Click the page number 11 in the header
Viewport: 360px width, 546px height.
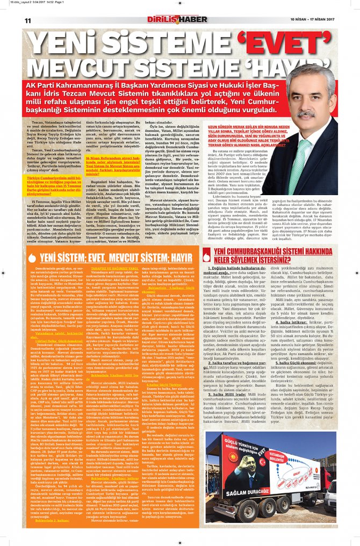pyautogui.click(x=27, y=20)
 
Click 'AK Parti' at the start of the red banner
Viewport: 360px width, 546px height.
pyautogui.click(x=49, y=87)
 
